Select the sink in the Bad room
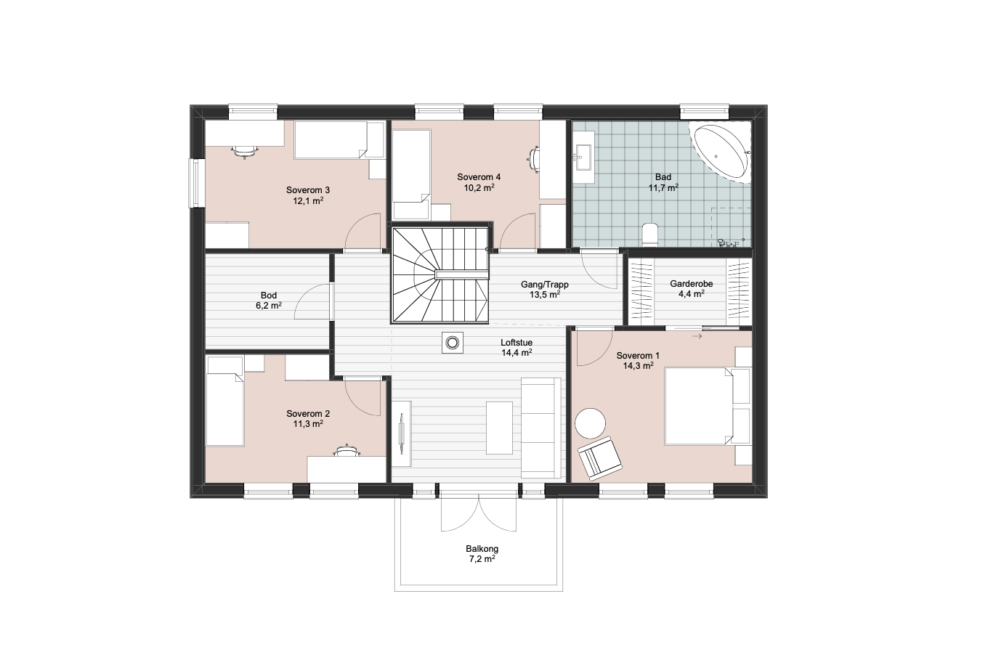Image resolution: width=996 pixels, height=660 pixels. [583, 157]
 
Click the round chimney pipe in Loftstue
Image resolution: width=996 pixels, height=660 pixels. [453, 343]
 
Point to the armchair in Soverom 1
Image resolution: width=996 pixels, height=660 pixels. [600, 458]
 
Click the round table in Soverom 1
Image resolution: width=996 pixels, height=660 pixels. [590, 423]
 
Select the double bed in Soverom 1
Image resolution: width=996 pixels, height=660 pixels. [699, 406]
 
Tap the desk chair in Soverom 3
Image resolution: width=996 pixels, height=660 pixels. [245, 151]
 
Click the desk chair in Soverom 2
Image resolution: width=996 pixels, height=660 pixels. [347, 450]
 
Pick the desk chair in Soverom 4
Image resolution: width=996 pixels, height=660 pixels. [535, 160]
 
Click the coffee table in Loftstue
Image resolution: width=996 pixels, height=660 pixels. [499, 428]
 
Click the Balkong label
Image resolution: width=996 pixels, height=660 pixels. [482, 548]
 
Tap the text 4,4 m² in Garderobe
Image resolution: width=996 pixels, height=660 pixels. [692, 294]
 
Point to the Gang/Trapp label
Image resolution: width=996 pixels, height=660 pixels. [545, 285]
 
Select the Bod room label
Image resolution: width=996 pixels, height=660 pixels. [269, 295]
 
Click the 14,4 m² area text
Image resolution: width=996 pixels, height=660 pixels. [517, 353]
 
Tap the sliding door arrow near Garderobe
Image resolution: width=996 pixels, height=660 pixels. [697, 336]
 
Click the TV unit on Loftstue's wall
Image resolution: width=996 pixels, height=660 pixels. [402, 433]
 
